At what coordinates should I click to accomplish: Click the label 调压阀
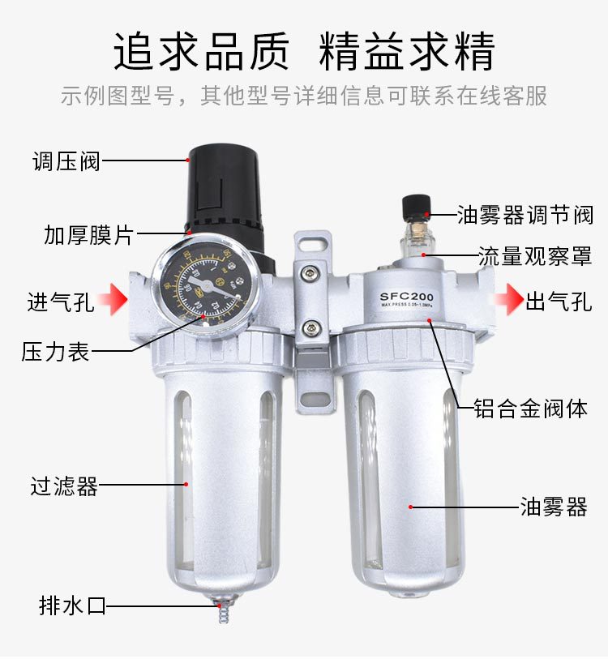[x=66, y=160]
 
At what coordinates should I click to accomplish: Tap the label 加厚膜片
[x=88, y=236]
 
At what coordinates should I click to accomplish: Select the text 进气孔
[x=61, y=302]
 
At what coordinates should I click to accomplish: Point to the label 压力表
[x=55, y=352]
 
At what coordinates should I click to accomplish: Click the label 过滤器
[x=64, y=486]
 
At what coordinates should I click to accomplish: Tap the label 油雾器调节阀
[x=525, y=215]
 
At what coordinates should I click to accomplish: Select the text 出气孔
[x=559, y=302]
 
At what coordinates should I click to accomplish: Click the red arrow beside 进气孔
[x=114, y=299]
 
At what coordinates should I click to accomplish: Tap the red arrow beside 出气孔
[x=508, y=299]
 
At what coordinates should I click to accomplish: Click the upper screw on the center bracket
[x=310, y=275]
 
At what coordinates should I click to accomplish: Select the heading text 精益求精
[x=407, y=52]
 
